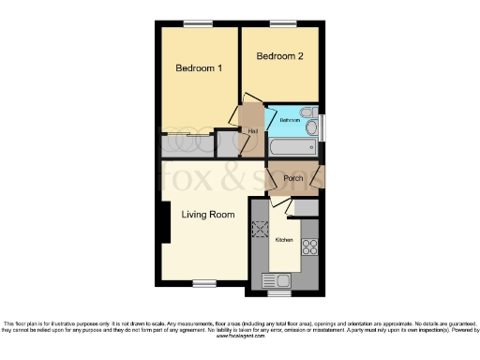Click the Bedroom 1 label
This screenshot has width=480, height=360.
point(199,67)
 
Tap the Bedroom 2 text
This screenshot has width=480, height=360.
point(280,56)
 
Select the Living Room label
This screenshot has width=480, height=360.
point(207,215)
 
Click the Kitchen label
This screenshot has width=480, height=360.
point(283,241)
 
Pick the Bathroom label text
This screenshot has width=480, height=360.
point(289,121)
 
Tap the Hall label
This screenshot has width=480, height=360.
point(253,130)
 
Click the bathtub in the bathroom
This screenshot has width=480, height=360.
point(293,148)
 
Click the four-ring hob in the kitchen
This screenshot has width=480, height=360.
point(310,247)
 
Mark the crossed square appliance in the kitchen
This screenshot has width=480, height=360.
point(261,228)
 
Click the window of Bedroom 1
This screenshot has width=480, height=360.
point(196,23)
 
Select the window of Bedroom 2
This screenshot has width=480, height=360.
point(280,23)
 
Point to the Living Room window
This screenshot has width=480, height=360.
point(204,282)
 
